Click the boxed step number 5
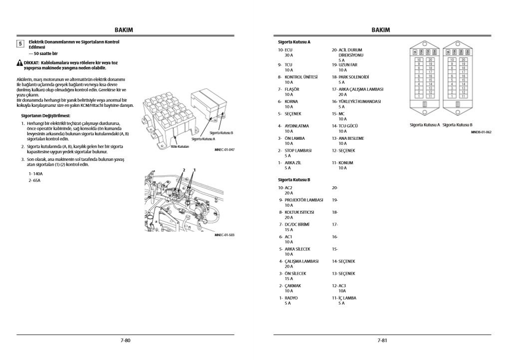[20, 43]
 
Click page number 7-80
[125, 341]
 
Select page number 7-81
[382, 341]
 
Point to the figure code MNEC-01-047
[224, 149]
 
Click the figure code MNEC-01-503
[224, 234]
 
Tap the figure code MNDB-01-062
[481, 132]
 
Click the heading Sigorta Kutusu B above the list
[294, 179]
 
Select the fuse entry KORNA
[291, 101]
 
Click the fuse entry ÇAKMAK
[292, 286]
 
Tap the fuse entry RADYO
[291, 298]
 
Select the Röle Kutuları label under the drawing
[180, 147]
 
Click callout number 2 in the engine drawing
[184, 170]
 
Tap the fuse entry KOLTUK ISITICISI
[299, 212]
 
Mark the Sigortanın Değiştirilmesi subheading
[42, 115]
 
